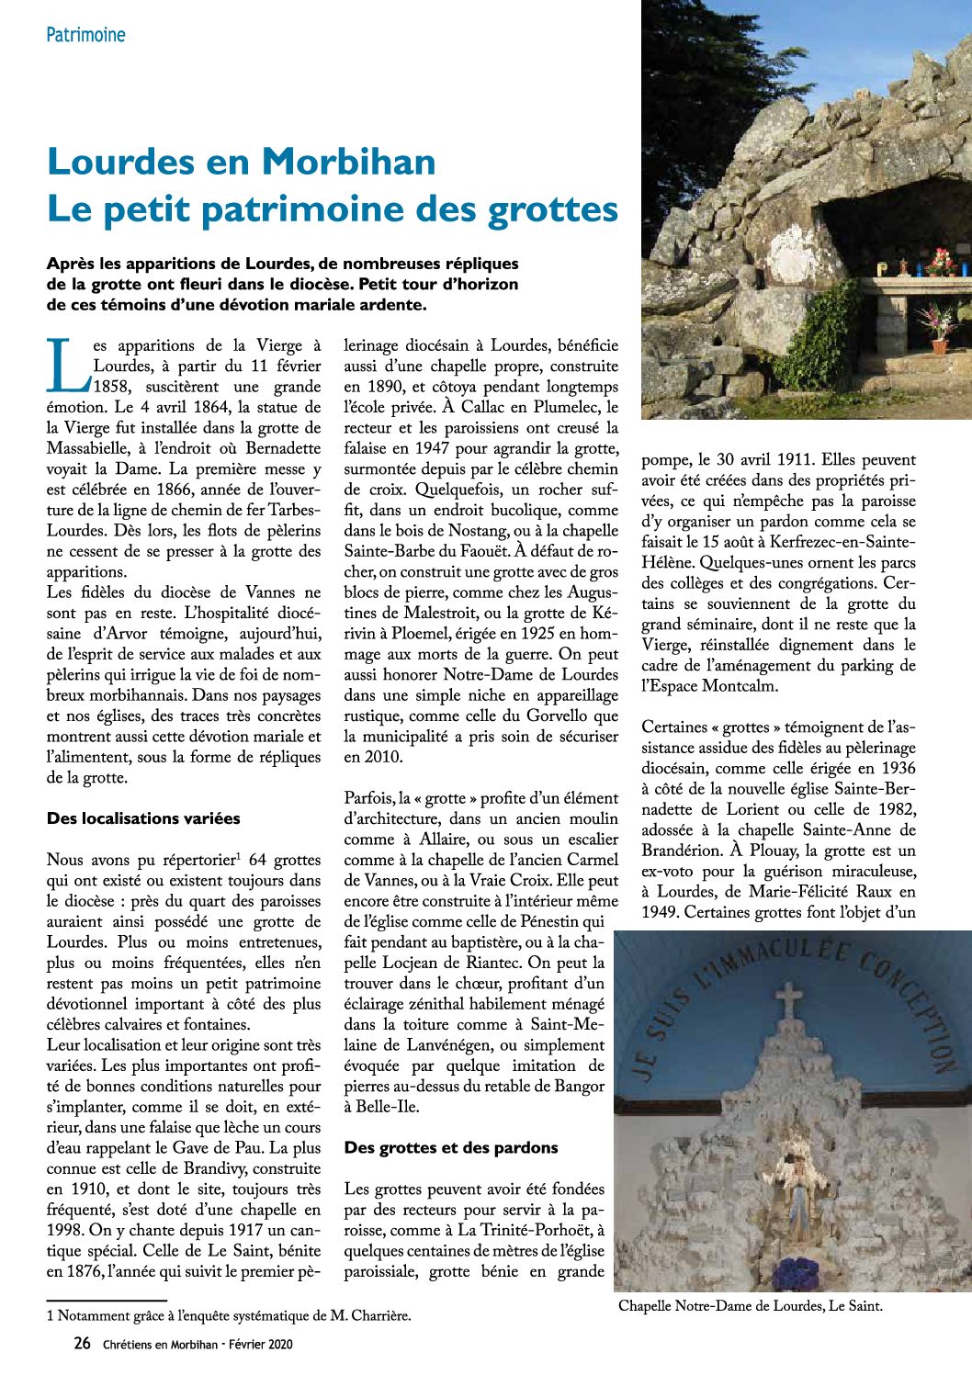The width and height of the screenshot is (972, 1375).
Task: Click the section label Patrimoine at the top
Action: (x=85, y=35)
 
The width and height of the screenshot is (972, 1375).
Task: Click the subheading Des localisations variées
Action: (x=143, y=818)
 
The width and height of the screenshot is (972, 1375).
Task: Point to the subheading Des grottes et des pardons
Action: (x=451, y=1147)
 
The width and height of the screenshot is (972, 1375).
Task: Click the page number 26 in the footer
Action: (x=82, y=1344)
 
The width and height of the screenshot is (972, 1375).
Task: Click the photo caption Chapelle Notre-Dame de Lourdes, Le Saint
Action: (x=750, y=1305)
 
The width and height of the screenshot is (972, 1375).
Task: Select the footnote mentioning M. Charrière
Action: (x=229, y=1315)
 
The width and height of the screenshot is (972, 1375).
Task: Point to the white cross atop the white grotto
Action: (x=788, y=1002)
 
